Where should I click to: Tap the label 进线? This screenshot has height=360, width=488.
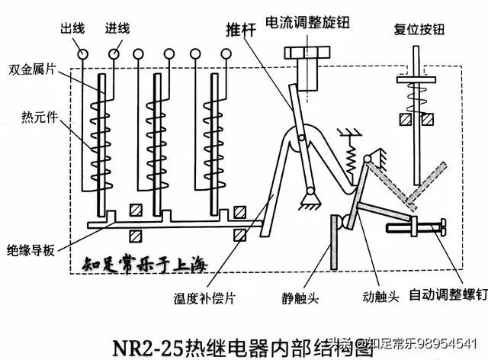click(117, 30)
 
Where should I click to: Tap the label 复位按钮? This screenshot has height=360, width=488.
click(419, 30)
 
